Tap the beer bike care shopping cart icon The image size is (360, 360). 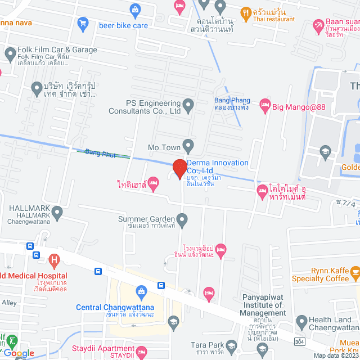(84, 24)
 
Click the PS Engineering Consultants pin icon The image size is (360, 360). (188, 103)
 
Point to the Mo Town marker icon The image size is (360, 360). (188, 147)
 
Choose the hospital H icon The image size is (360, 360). (54, 260)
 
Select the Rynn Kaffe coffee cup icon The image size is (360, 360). (355, 273)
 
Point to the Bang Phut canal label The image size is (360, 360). (100, 153)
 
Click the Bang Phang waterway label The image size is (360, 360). (232, 103)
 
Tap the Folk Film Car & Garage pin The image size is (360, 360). (10, 53)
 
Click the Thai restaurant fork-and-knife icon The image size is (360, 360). (245, 12)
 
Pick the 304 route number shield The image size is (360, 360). (303, 341)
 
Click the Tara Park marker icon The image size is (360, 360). (261, 350)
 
